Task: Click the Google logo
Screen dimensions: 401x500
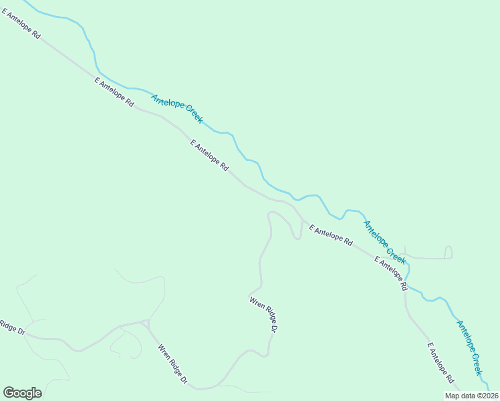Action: (22, 393)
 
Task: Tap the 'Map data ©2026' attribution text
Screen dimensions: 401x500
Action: (471, 396)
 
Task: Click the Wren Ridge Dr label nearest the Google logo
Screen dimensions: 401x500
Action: (172, 364)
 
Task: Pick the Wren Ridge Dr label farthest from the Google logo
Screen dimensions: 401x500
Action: (264, 314)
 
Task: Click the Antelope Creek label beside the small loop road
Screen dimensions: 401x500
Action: (384, 241)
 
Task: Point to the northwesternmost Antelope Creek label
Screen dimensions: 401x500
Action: (177, 108)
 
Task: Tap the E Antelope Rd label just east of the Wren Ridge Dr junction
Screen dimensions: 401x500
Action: (331, 237)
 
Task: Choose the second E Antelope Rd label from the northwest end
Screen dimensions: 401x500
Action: (114, 92)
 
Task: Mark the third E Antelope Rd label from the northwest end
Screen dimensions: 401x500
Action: (209, 154)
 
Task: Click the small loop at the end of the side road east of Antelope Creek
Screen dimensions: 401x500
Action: (449, 252)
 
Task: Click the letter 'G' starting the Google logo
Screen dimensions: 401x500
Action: (8, 393)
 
